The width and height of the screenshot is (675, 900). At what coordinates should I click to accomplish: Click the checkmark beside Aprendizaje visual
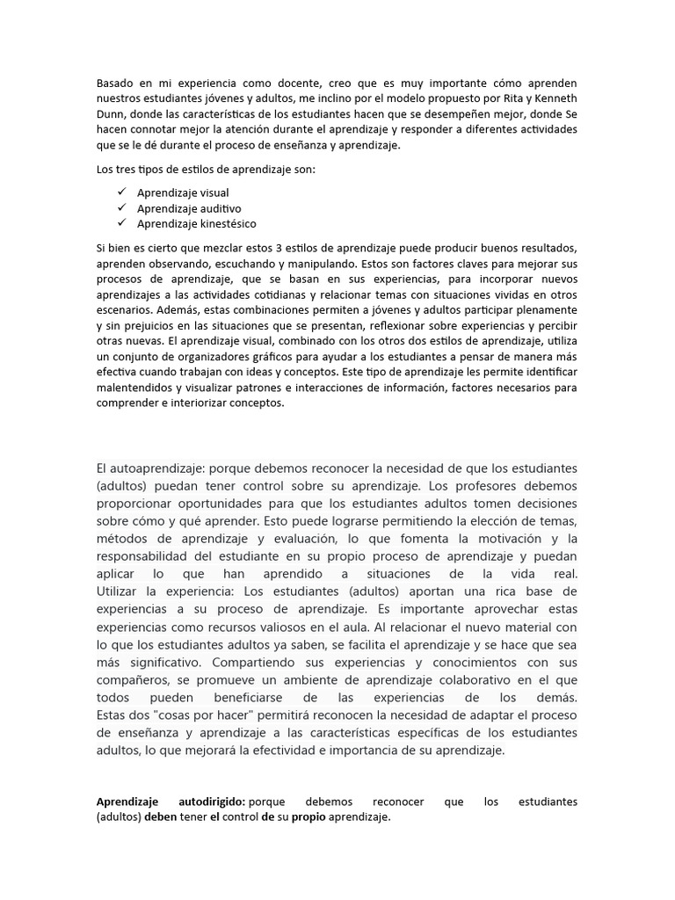coord(120,192)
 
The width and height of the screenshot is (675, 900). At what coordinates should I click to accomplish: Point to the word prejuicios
coord(145,326)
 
